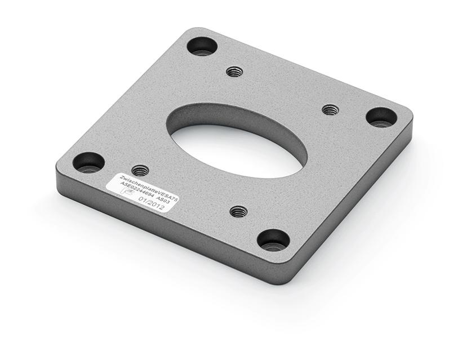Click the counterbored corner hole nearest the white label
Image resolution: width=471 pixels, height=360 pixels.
pyautogui.click(x=89, y=163)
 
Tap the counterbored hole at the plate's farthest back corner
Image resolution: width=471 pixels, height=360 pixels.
pyautogui.click(x=202, y=46)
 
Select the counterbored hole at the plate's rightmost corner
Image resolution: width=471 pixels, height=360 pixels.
pyautogui.click(x=381, y=117)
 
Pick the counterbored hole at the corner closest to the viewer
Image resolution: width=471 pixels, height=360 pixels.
pyautogui.click(x=273, y=240)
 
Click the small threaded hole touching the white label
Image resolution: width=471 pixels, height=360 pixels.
pyautogui.click(x=140, y=170)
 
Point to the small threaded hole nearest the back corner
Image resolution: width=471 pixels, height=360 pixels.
pyautogui.click(x=234, y=72)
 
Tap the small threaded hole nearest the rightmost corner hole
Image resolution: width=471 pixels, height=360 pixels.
pyautogui.click(x=330, y=109)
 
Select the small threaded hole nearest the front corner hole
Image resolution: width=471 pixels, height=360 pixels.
pyautogui.click(x=239, y=211)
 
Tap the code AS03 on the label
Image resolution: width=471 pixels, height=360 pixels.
pyautogui.click(x=170, y=200)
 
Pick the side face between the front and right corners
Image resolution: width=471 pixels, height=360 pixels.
pyautogui.click(x=361, y=203)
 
